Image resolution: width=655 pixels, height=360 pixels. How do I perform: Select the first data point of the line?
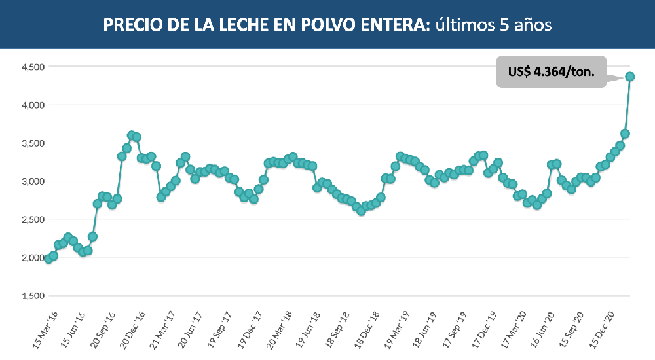pos(48,259)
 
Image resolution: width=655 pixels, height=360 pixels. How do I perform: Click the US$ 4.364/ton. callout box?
pos(552,71)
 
